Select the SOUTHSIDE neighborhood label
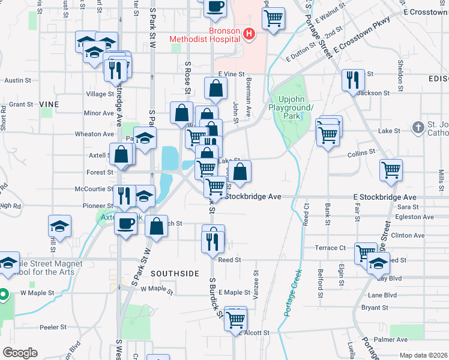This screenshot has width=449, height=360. coord(175,273)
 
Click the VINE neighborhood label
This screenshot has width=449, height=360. coord(49,104)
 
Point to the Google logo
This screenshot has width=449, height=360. coord(20,352)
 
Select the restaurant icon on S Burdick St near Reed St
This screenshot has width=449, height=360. coord(213,240)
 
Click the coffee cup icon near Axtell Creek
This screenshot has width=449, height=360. coord(125,224)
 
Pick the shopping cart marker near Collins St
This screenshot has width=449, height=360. coord(391,170)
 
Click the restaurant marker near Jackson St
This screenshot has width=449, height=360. coord(353,79)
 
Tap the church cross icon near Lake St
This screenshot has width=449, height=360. coord(418,127)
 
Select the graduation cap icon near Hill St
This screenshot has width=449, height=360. coord(59,226)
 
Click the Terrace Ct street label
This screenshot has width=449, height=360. coord(331,247)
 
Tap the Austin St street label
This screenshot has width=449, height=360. coord(17,80)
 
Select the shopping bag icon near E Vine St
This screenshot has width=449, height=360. coord(215,89)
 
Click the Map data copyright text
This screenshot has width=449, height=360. coord(423,355)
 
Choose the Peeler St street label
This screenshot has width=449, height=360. coord(53,327)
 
